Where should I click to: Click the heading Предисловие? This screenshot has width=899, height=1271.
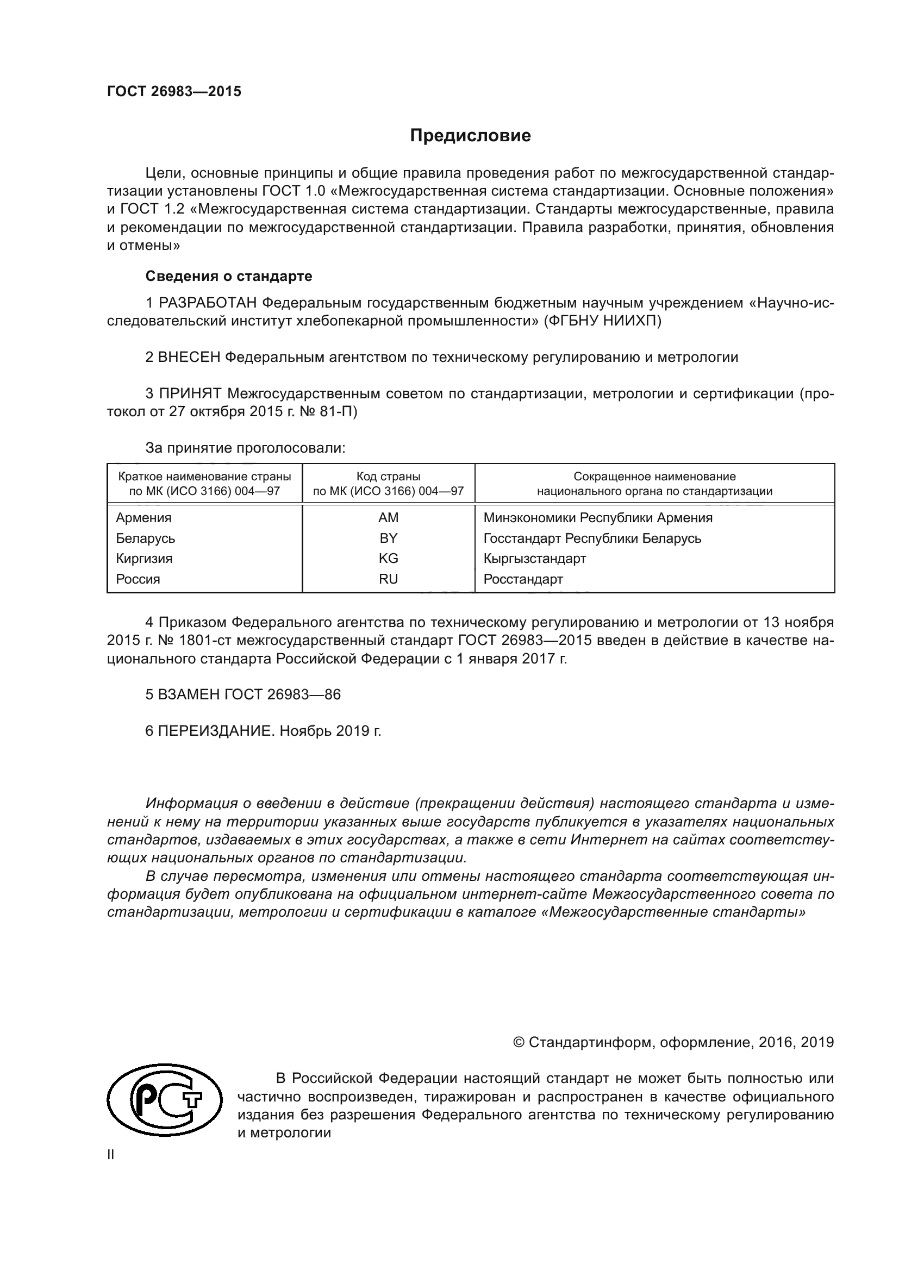pos(470,136)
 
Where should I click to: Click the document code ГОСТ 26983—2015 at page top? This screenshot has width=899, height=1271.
pos(174,92)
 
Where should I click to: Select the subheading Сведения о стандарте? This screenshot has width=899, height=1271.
pos(229,276)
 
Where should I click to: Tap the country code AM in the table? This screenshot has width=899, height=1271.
pos(388,518)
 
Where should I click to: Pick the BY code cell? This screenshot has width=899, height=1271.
pos(388,538)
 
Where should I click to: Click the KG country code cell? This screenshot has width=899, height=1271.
pos(388,559)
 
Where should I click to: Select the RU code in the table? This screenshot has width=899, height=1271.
pos(388,579)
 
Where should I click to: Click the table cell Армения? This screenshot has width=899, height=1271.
pos(143,518)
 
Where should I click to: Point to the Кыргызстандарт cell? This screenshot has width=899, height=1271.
pos(534,559)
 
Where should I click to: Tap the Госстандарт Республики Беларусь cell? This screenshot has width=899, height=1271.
pos(592,538)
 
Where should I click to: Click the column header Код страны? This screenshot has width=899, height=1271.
pos(388,477)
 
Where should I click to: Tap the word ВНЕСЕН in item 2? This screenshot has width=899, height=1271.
pos(189,357)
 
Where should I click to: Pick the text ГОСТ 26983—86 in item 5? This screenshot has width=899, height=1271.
pos(282,695)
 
